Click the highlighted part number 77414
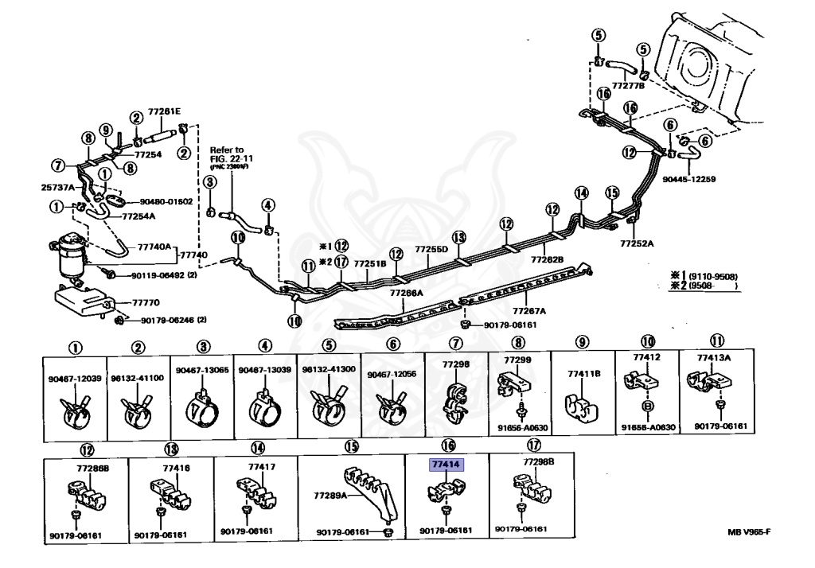click(x=447, y=466)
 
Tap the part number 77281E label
click(x=163, y=111)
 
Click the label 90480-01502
click(x=166, y=202)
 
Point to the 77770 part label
click(x=146, y=303)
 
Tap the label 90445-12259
click(x=688, y=180)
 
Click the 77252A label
click(x=636, y=243)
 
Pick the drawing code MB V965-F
click(x=749, y=532)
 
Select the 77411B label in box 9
click(x=583, y=373)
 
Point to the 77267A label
click(x=529, y=311)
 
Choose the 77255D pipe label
click(x=431, y=249)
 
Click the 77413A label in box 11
click(x=714, y=358)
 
